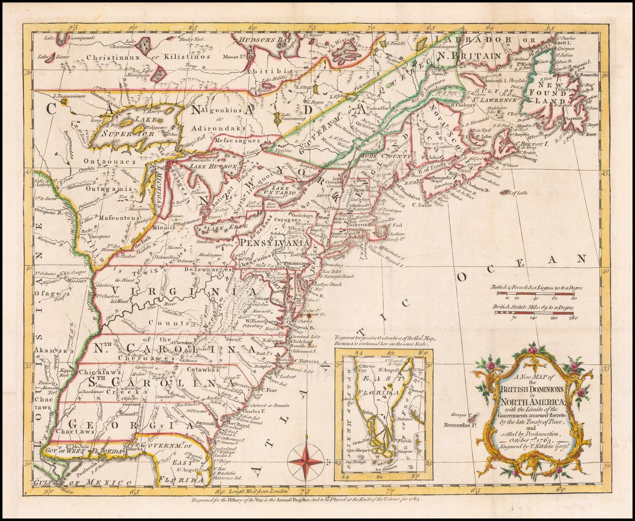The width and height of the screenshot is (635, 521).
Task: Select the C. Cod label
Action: [396, 225]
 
